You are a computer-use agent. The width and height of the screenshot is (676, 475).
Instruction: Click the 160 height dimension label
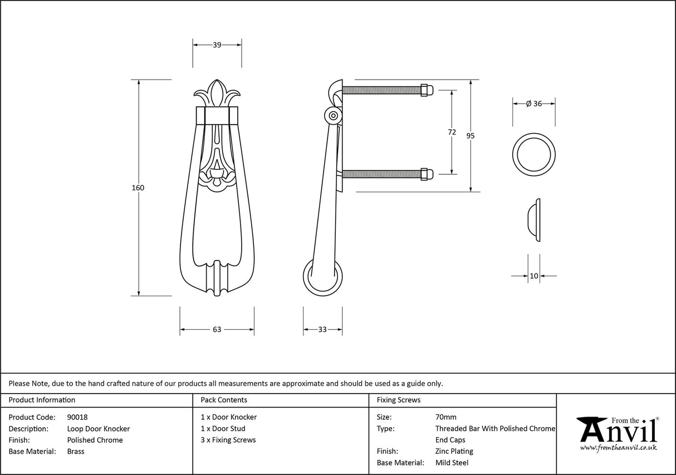138,188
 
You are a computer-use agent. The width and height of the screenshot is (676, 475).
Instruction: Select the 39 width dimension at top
217,45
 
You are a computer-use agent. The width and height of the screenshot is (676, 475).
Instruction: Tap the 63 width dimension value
217,330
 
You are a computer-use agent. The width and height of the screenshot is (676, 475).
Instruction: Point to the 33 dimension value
322,330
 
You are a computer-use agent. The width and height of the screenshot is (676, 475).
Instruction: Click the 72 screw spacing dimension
452,132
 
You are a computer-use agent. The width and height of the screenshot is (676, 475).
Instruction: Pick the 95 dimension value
471,135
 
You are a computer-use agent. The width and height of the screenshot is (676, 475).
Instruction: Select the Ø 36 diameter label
534,104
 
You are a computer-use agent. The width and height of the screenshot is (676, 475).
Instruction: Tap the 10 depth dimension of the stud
534,276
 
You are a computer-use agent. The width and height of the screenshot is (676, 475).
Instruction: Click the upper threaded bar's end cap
425,90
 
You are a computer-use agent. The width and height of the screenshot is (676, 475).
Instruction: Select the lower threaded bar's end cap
425,174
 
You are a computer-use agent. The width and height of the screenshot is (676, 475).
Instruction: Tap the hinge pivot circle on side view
333,116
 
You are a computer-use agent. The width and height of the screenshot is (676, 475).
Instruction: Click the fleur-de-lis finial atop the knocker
217,94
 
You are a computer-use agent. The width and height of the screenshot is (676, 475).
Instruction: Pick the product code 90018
77,417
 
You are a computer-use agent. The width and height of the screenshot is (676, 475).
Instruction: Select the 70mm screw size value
445,417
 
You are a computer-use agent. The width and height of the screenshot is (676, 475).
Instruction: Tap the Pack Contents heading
224,400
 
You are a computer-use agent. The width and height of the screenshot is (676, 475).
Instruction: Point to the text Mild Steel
452,463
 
